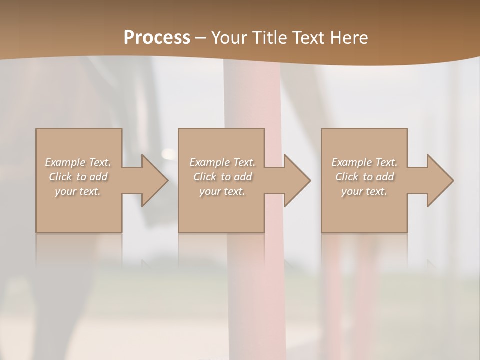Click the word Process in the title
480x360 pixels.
157,38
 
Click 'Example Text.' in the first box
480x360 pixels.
78,162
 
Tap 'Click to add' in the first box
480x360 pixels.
78,177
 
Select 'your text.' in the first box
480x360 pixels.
78,191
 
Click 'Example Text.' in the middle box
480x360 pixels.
222,162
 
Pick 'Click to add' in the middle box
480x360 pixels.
222,177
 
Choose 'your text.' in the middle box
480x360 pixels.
222,191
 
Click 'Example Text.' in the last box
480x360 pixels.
364,162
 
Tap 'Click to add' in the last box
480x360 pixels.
364,177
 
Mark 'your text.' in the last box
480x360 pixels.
364,191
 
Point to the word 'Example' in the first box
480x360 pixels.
65,162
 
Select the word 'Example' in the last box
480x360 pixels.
351,162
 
